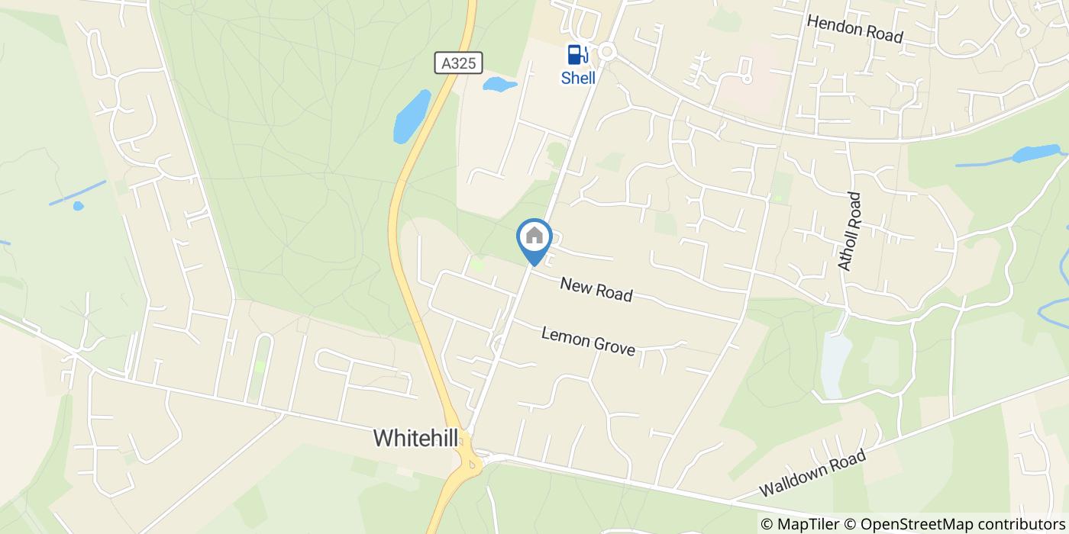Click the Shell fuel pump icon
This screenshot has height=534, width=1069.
[x=577, y=55]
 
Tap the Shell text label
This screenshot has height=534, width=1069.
[x=578, y=78]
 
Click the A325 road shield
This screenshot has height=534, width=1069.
[x=460, y=63]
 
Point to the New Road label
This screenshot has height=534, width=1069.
[x=596, y=289]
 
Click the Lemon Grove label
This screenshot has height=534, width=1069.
[x=588, y=341]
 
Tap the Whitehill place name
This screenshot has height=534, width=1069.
[x=415, y=438]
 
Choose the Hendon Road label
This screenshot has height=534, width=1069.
[x=854, y=29]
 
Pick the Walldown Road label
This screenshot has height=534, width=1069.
[x=813, y=473]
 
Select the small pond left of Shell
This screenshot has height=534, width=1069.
[x=499, y=84]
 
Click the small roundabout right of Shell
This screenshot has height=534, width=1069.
[x=607, y=52]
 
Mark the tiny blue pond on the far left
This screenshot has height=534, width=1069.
[x=78, y=205]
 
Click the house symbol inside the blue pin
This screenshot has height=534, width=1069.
[x=534, y=236]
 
